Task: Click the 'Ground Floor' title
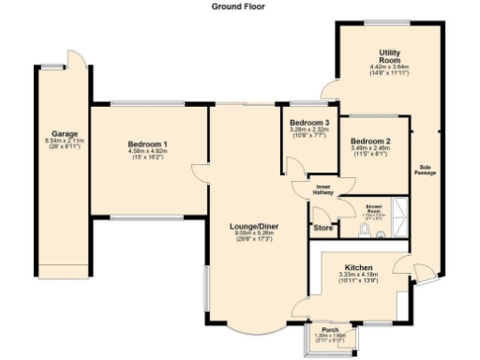point(239,6)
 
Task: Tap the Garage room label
point(64,133)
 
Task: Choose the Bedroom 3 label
point(308,124)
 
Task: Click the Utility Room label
point(391,56)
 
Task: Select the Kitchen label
point(359,265)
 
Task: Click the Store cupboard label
point(322,227)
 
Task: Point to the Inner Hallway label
point(322,190)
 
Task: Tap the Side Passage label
point(427,171)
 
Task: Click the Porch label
point(330,330)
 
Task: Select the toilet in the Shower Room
point(364,228)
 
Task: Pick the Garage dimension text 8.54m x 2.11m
point(64,141)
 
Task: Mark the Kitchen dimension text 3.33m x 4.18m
point(359,274)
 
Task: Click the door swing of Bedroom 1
point(199,169)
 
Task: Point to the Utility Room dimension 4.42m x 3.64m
point(391,67)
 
